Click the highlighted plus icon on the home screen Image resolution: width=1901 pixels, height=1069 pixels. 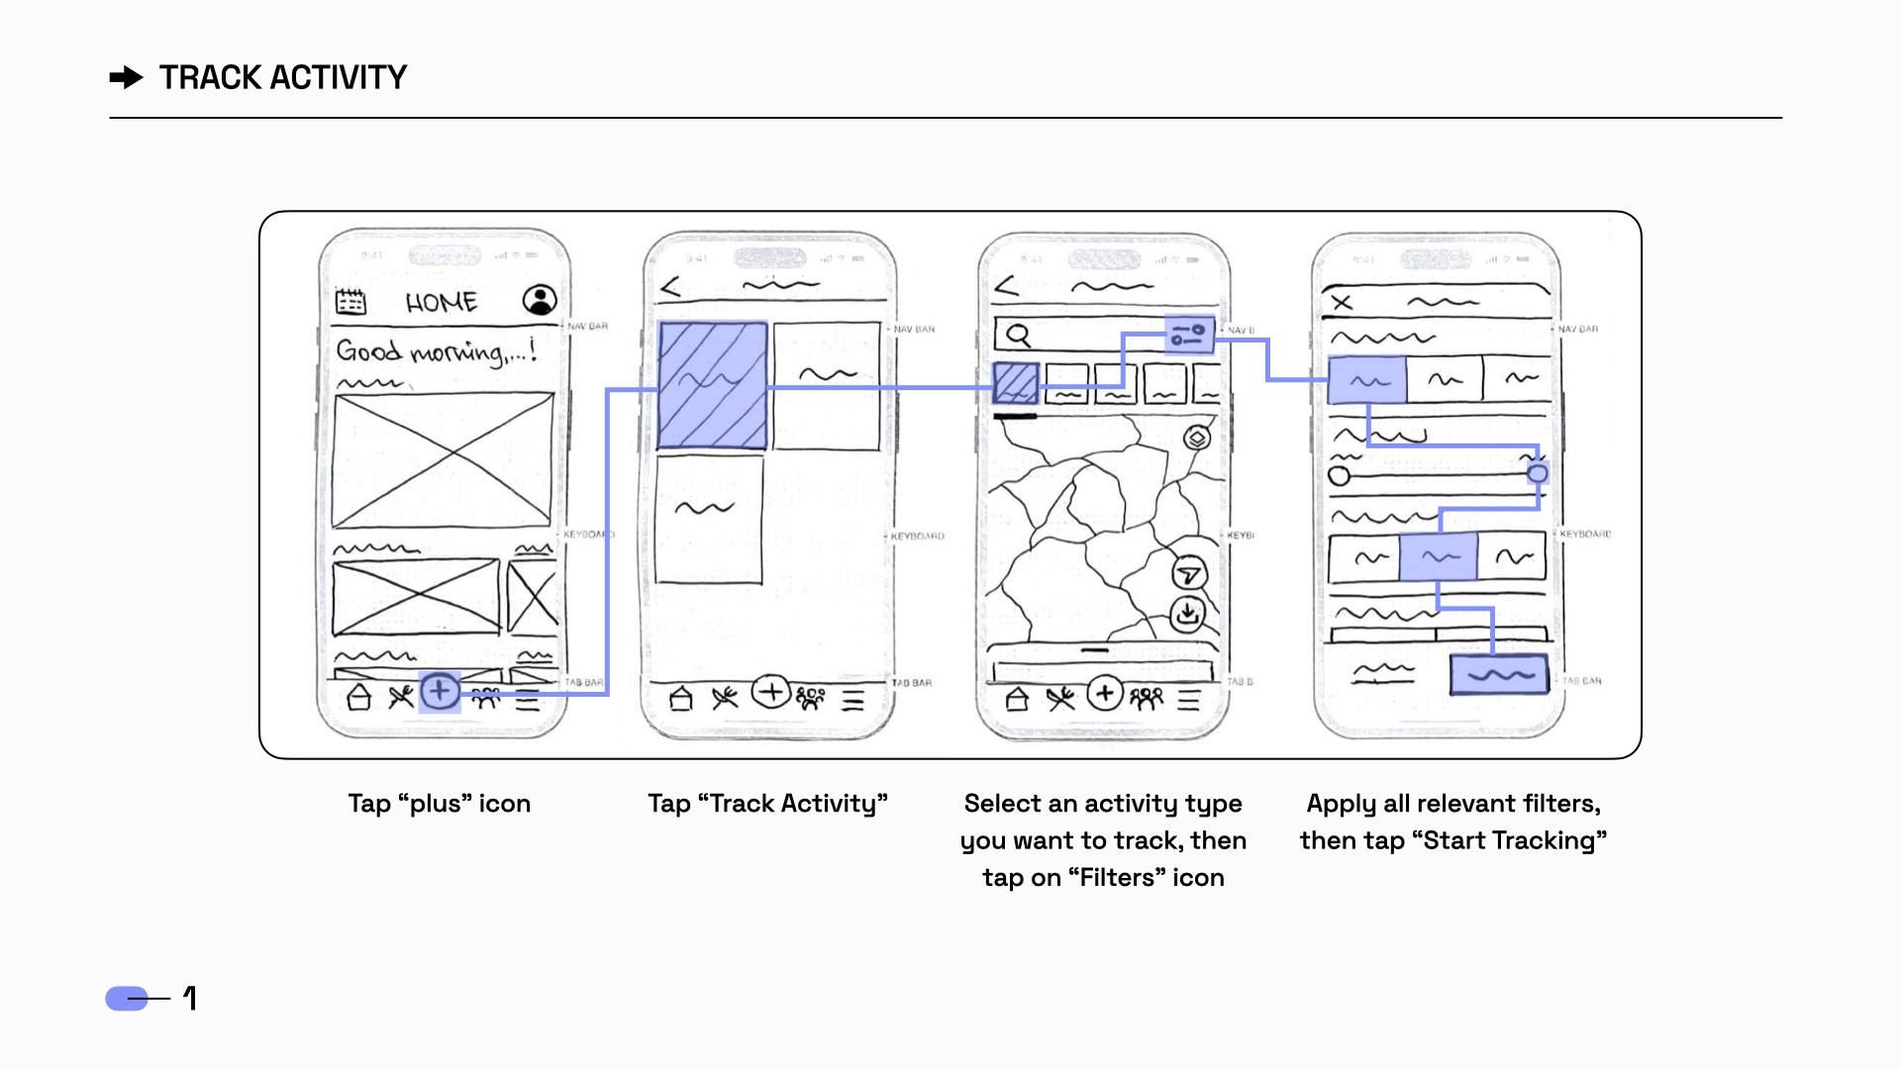[440, 692]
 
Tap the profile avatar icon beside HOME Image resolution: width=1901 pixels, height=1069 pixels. [540, 300]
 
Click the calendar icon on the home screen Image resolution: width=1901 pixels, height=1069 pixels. [350, 301]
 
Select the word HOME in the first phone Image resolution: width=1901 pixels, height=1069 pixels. [442, 303]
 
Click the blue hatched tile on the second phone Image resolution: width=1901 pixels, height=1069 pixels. [713, 385]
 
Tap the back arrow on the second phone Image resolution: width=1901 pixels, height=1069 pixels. [670, 288]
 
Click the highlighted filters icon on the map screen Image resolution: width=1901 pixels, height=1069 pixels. [1188, 335]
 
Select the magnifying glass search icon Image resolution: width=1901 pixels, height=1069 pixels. [1018, 336]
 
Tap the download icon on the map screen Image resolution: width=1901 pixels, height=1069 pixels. [1187, 614]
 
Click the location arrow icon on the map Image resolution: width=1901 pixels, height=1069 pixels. [1189, 574]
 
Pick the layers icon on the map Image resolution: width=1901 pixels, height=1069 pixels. [1197, 437]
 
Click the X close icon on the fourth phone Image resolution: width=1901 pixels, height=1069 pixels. [1343, 302]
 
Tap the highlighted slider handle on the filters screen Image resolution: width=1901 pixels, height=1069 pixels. [1537, 474]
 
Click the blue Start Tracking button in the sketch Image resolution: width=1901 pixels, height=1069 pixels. [1499, 674]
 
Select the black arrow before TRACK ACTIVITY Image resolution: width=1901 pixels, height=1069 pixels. [127, 77]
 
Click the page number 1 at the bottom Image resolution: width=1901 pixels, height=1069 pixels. [190, 998]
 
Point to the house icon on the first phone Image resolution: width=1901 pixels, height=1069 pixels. [359, 698]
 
